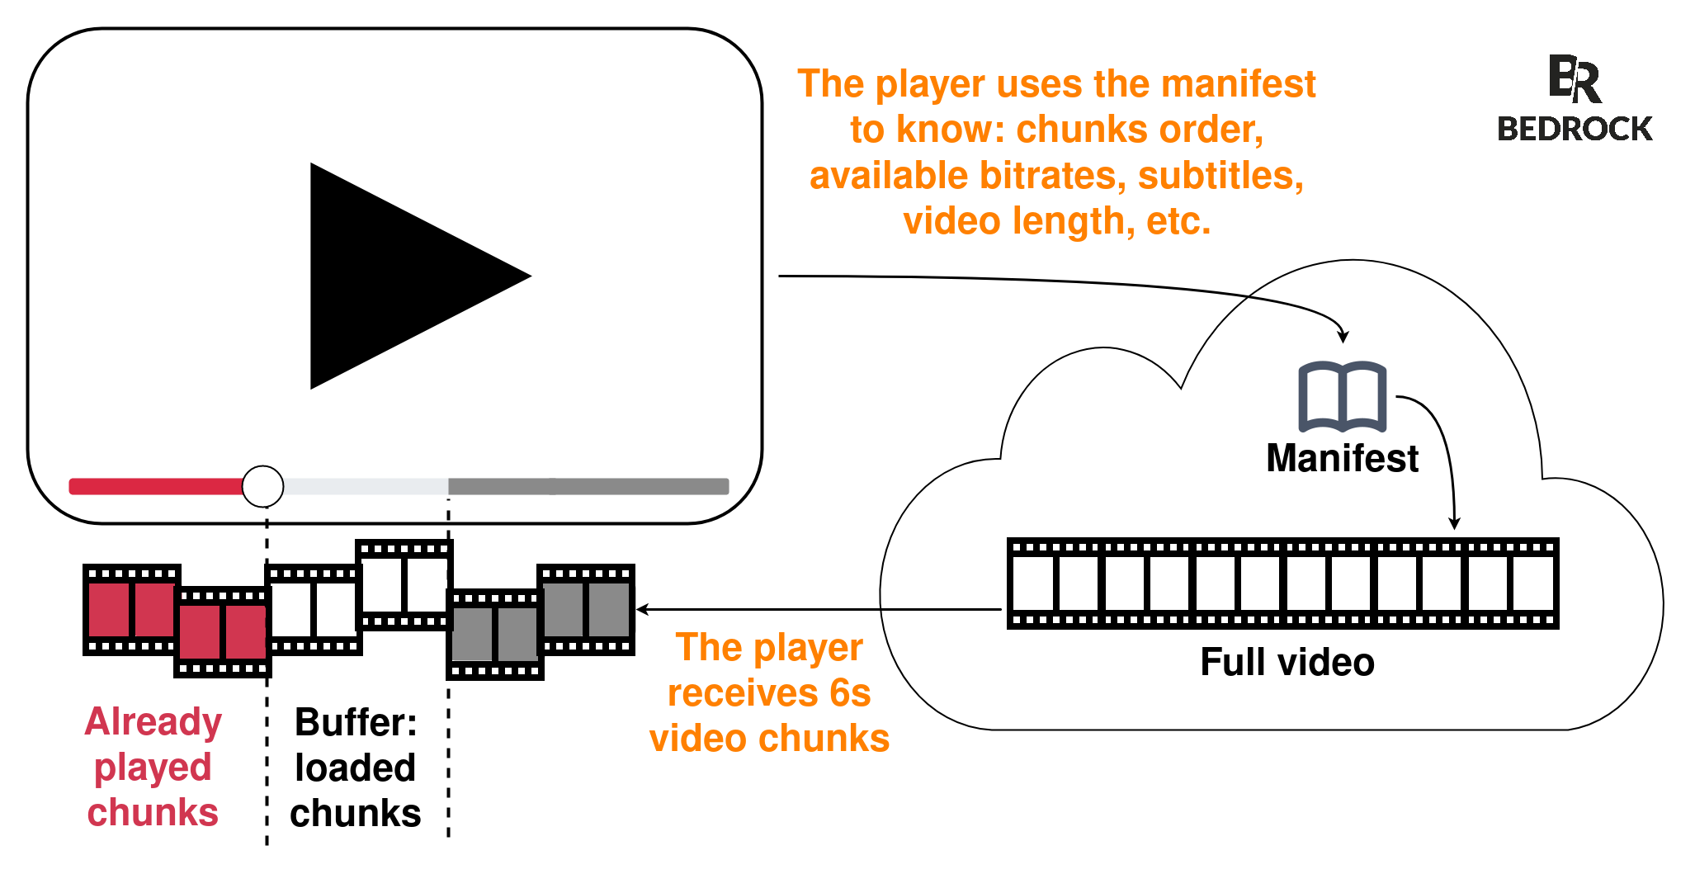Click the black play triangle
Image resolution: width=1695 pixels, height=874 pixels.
tap(396, 276)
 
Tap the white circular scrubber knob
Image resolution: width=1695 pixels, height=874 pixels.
tap(262, 486)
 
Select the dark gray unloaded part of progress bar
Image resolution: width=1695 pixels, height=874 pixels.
tap(588, 487)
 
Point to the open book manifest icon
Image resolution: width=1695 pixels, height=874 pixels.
tap(1342, 397)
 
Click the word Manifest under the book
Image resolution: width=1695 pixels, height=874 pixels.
tap(1342, 459)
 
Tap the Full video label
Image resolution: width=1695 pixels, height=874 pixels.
tap(1287, 663)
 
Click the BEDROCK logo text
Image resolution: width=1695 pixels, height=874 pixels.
tap(1574, 130)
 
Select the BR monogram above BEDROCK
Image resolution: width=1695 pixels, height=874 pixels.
tap(1574, 79)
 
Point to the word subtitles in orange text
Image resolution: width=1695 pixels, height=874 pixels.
tap(1220, 176)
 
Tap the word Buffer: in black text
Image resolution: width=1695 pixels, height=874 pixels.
tap(356, 723)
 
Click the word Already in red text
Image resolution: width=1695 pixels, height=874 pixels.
tap(153, 722)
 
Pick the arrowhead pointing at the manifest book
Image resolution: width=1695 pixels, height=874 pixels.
tap(1343, 337)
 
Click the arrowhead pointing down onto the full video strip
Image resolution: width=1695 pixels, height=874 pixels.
tap(1455, 523)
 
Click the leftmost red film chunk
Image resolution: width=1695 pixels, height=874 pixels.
tap(131, 610)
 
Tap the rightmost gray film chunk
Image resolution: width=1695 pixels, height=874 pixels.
tap(586, 610)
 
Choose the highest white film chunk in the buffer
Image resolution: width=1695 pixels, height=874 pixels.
tap(404, 585)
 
